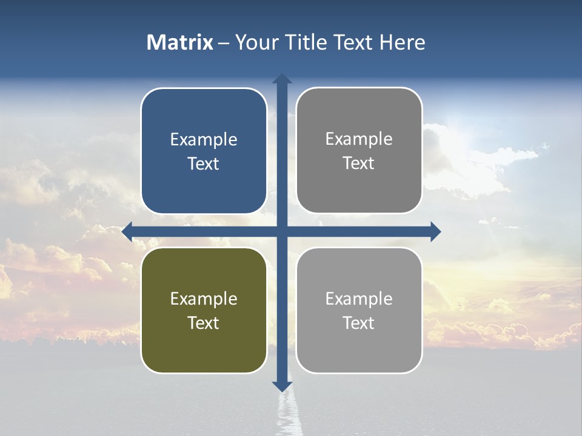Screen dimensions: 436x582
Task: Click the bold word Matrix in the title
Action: (x=180, y=42)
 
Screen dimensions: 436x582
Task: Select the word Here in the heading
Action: (x=402, y=42)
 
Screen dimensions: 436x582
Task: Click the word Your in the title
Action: (x=257, y=42)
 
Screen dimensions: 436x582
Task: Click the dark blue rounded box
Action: (x=204, y=151)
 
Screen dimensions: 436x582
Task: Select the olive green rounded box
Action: (x=204, y=310)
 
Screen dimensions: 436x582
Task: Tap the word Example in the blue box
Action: (x=204, y=140)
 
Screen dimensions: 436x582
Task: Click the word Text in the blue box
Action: (x=204, y=163)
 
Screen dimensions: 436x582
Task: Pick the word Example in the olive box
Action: (x=204, y=299)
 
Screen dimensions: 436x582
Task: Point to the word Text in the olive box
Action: (x=204, y=323)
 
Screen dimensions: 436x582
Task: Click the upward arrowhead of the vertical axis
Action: (x=282, y=78)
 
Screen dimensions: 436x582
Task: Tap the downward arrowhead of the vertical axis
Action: (x=282, y=386)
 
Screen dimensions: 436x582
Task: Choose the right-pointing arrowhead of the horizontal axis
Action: (x=435, y=231)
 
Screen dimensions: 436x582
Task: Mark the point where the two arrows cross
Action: (x=282, y=231)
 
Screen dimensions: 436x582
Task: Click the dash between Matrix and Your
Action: (x=224, y=43)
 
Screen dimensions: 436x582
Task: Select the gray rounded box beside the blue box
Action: (x=359, y=151)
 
